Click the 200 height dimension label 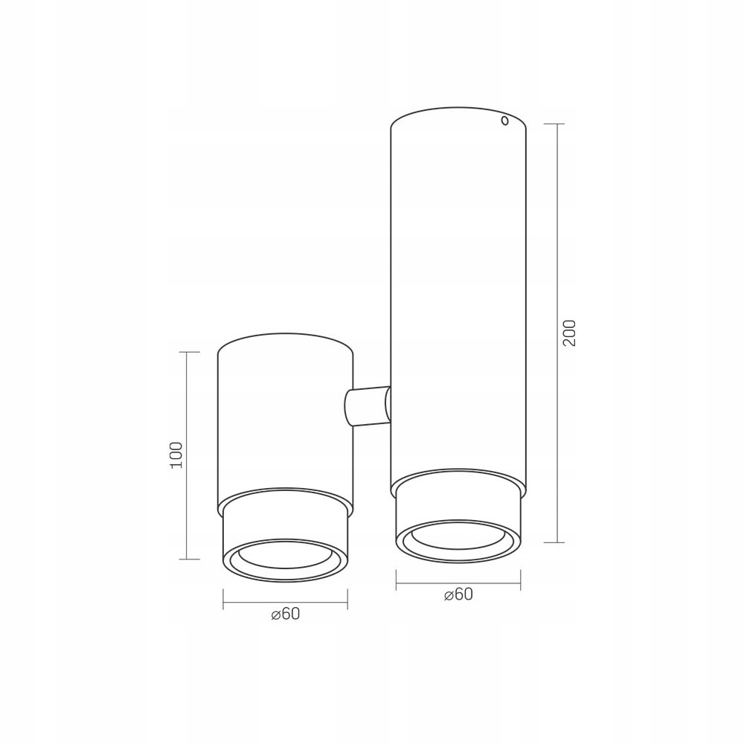[x=568, y=333]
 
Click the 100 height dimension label [x=176, y=455]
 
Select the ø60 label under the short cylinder [x=286, y=614]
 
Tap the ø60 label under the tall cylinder [x=458, y=594]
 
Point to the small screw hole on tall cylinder [x=505, y=121]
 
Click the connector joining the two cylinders [x=368, y=405]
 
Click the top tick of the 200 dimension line [x=557, y=124]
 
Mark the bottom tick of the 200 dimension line [x=557, y=542]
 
